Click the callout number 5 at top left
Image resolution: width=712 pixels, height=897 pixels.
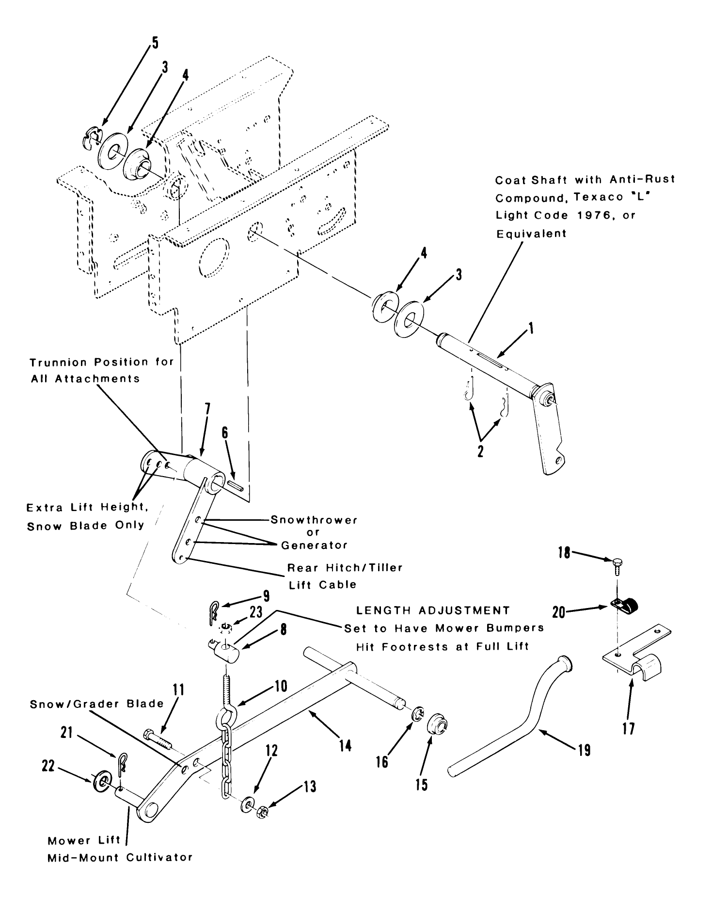point(154,43)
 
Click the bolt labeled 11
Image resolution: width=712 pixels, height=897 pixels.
point(157,741)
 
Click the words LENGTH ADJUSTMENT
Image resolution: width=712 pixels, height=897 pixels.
point(433,610)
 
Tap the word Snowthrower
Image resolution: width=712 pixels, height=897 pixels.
point(314,520)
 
